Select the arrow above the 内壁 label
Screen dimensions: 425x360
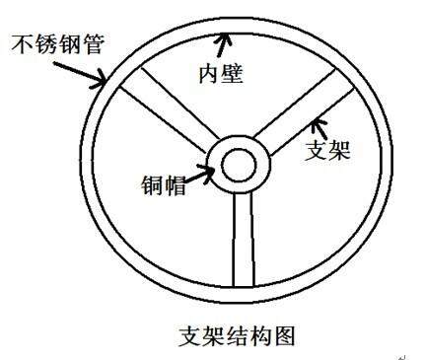click(227, 42)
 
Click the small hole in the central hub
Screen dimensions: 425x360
click(238, 164)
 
